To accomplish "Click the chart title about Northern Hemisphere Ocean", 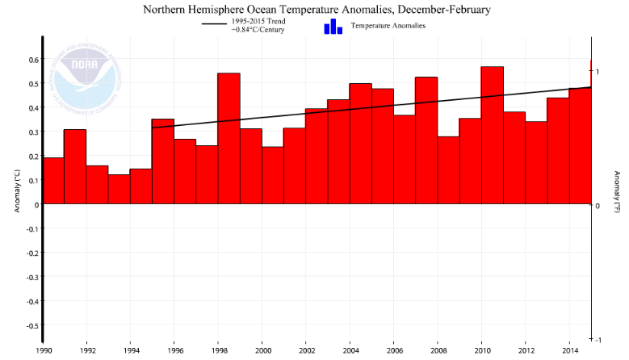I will coord(317,10).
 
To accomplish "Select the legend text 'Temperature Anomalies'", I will coord(388,26).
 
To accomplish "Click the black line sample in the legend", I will coord(216,25).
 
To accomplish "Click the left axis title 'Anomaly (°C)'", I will coord(16,190).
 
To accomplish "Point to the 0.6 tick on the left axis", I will coord(34,59).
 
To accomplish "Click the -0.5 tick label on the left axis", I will coord(32,325).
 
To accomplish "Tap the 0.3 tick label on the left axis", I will coord(34,132).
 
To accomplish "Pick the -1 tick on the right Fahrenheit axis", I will coord(598,339).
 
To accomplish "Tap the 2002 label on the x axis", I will coord(306,351).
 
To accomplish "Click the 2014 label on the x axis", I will coord(569,351).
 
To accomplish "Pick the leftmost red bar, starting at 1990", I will coord(53,181).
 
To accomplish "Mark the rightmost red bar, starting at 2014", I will coord(580,146).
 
